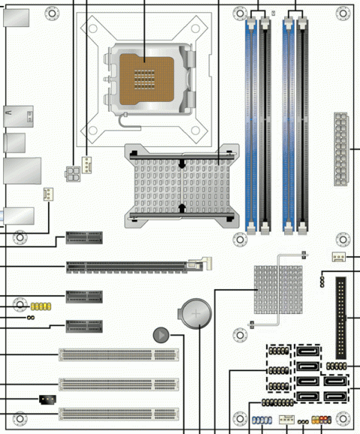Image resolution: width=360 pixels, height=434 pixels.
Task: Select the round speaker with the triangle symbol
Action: click(160, 335)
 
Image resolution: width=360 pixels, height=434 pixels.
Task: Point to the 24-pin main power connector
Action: click(341, 150)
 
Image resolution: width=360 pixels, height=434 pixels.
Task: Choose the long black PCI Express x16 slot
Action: click(135, 265)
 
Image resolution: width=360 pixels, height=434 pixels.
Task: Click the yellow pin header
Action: click(40, 307)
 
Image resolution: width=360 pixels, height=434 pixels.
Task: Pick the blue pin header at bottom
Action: click(260, 422)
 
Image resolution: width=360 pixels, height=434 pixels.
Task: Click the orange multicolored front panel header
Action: click(321, 422)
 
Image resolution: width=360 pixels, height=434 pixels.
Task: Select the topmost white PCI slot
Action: click(119, 355)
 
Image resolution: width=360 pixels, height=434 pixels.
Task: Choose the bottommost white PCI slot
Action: click(119, 412)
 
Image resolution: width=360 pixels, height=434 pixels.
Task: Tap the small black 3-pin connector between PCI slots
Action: click(46, 399)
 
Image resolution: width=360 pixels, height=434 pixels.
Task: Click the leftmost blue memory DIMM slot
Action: click(250, 124)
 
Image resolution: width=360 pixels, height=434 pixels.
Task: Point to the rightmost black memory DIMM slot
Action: click(304, 124)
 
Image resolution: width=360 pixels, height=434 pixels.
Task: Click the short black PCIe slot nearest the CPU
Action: click(84, 238)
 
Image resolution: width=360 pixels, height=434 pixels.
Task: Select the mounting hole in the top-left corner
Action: click(51, 13)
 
